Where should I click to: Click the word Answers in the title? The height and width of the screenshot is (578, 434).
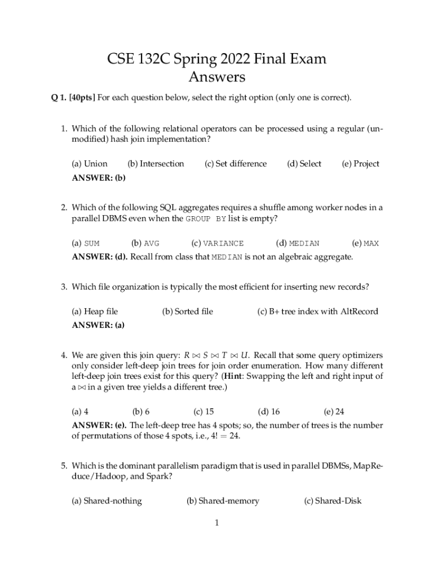[216, 76]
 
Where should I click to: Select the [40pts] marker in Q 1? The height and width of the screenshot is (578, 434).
[81, 98]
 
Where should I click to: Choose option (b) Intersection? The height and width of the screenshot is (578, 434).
[156, 164]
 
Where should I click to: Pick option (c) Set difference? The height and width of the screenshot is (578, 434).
[235, 164]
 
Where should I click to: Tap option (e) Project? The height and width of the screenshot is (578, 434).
[360, 164]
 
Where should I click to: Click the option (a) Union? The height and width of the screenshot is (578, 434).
[90, 164]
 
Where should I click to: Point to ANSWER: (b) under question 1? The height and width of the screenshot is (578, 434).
[99, 178]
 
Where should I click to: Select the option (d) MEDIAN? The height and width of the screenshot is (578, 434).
[298, 243]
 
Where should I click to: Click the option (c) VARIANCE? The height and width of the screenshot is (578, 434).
[218, 243]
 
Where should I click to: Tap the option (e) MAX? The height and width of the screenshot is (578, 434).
[365, 243]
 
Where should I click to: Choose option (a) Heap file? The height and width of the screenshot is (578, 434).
[95, 311]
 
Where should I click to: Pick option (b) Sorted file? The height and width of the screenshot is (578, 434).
[188, 311]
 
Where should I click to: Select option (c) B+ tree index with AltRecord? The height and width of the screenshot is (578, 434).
[317, 311]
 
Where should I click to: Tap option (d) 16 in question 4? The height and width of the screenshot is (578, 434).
[269, 411]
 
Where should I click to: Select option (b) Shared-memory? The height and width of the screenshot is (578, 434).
[223, 501]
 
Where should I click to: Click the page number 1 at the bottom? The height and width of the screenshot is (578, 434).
[216, 523]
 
